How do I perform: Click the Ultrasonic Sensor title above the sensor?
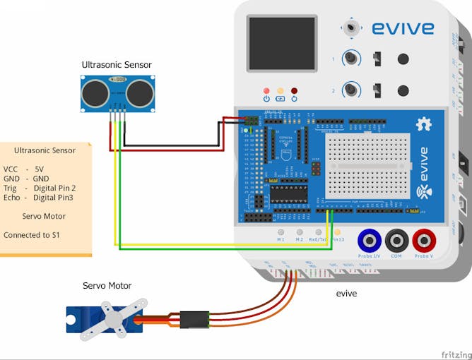pyautogui.click(x=117, y=65)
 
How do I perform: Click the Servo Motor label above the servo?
pyautogui.click(x=107, y=285)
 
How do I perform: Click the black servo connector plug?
pyautogui.click(x=193, y=320)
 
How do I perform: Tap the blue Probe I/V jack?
pyautogui.click(x=369, y=241)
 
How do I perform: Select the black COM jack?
pyautogui.click(x=396, y=241)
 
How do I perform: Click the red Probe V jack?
pyautogui.click(x=424, y=241)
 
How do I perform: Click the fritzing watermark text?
pyautogui.click(x=456, y=354)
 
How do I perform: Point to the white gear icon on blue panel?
pyautogui.click(x=424, y=124)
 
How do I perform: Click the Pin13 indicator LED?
pyautogui.click(x=337, y=232)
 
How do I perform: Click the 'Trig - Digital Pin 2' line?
pyautogui.click(x=40, y=188)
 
